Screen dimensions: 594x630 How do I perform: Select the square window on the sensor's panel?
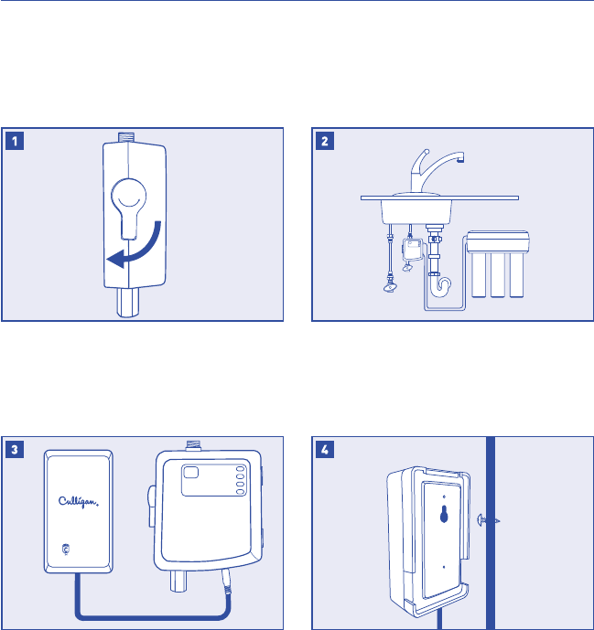click(195, 474)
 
